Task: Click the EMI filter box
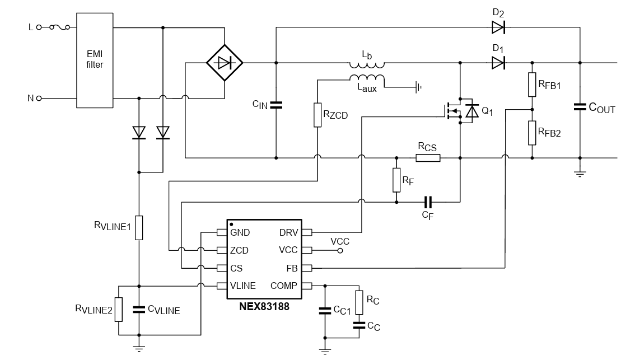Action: [x=95, y=60]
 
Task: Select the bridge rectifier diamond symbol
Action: [x=224, y=63]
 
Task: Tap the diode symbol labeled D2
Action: [x=498, y=27]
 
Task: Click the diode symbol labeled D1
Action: [x=498, y=63]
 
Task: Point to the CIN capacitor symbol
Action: [x=276, y=105]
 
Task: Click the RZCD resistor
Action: [x=317, y=115]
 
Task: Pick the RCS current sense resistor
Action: [x=428, y=158]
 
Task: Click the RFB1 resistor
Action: [x=532, y=84]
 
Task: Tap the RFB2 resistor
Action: [x=532, y=132]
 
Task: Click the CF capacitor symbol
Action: [x=428, y=202]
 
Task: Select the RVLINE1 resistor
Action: [x=138, y=227]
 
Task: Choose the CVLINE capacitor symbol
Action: [x=138, y=309]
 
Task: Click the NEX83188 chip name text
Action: [x=264, y=307]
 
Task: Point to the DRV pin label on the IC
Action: [x=288, y=232]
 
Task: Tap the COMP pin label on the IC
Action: [x=284, y=286]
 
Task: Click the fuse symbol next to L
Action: [x=60, y=27]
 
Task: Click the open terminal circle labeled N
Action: [x=39, y=98]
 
